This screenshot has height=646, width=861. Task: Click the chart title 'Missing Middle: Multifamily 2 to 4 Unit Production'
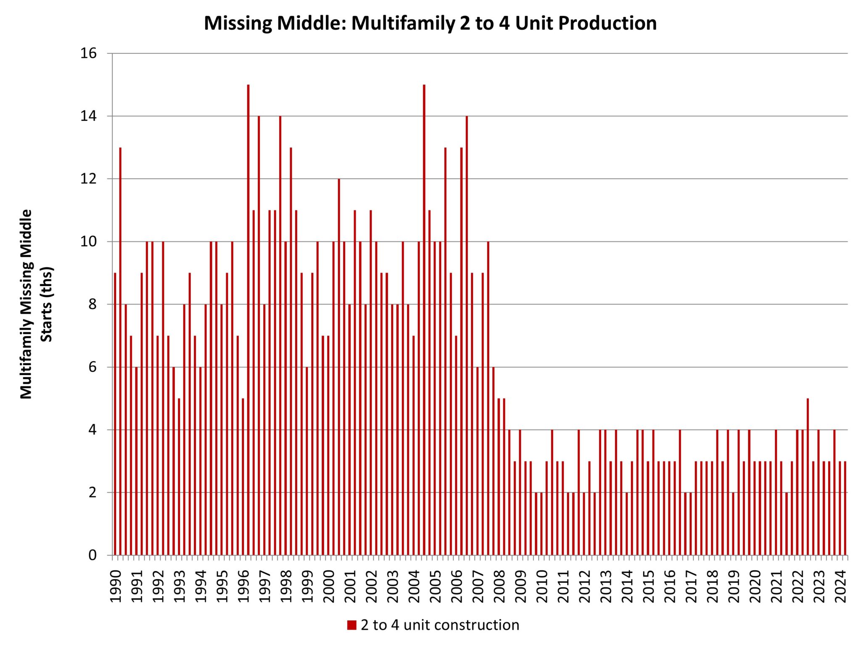pos(430,23)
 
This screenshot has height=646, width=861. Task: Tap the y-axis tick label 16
pos(88,53)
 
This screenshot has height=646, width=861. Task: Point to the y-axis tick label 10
pos(88,242)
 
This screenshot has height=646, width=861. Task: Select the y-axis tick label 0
pos(92,556)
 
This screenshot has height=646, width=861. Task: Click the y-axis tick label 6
pos(92,367)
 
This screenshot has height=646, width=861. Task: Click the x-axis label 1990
pos(116,586)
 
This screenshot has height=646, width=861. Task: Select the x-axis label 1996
pos(243,586)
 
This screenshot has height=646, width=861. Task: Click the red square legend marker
pos(351,625)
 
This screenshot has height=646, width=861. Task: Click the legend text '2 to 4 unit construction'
pos(440,625)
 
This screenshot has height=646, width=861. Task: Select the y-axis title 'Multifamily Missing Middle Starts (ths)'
pos(37,304)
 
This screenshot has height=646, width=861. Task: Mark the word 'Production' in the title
pos(607,23)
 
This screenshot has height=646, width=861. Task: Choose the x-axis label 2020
pos(755,586)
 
